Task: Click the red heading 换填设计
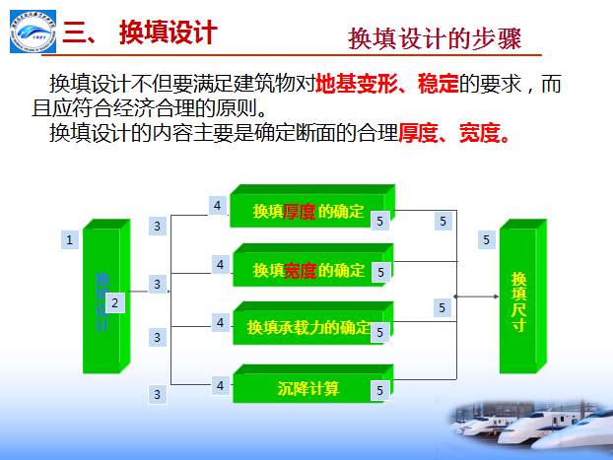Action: click(x=168, y=33)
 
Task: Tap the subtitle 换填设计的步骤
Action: click(x=435, y=38)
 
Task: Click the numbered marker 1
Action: click(x=69, y=239)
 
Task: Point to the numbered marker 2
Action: click(x=115, y=303)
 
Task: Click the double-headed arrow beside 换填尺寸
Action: click(x=477, y=296)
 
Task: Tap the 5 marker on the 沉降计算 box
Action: click(x=379, y=391)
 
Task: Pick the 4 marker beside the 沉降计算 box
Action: click(x=221, y=385)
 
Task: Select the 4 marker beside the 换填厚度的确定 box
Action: click(x=218, y=205)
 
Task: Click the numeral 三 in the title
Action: click(x=77, y=33)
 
